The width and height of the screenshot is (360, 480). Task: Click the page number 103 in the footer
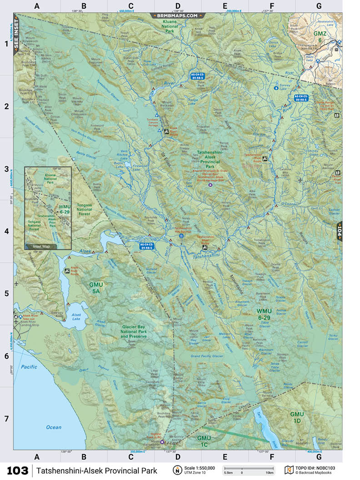[x=17, y=470]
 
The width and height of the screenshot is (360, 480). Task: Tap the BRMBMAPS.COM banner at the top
[x=179, y=15]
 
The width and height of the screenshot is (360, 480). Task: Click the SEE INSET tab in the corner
[x=17, y=36]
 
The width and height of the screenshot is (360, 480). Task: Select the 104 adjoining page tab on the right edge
[x=339, y=230]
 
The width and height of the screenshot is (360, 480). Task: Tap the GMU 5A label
[x=96, y=287]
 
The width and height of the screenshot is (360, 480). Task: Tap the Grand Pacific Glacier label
[x=208, y=356]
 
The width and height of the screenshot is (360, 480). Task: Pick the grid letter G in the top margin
[x=319, y=6]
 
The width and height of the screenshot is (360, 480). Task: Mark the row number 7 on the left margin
[x=6, y=418]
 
